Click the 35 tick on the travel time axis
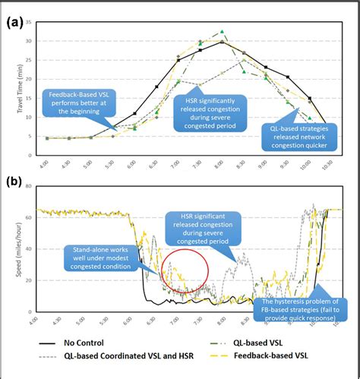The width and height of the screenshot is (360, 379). tap(29, 21)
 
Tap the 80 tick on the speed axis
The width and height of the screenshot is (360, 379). tap(29, 187)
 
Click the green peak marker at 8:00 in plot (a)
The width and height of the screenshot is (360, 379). tap(222, 32)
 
